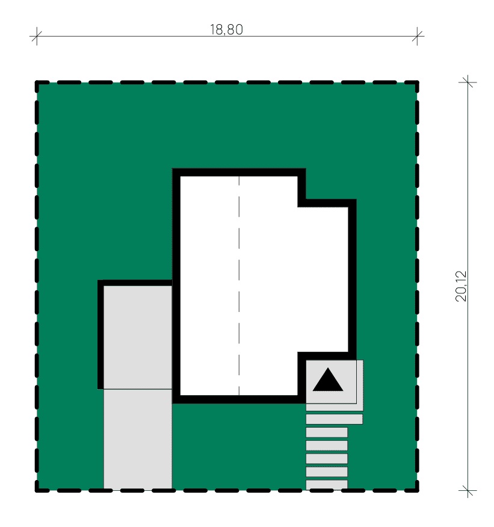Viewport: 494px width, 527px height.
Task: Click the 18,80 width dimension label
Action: point(226,30)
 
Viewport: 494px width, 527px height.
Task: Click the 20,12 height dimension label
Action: point(461,286)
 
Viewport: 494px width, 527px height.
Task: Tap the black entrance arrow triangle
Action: point(328,379)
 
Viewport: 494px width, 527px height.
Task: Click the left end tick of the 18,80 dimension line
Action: point(36,36)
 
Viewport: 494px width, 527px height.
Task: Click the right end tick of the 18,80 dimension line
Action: point(417,36)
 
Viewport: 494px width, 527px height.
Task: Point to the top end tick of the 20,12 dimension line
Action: point(468,82)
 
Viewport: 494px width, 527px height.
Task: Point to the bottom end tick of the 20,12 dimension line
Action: point(468,491)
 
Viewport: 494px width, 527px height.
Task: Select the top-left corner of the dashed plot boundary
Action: point(37,83)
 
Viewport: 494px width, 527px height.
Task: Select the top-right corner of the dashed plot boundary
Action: point(417,83)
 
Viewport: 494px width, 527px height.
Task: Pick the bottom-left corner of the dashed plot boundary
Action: point(37,491)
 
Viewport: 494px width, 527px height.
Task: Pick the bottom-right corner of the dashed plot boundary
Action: point(417,491)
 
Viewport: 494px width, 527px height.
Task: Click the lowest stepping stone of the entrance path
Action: point(327,484)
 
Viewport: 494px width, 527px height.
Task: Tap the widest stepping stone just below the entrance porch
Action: point(335,419)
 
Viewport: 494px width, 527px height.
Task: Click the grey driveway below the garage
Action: point(138,439)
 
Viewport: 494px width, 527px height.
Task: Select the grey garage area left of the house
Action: point(138,337)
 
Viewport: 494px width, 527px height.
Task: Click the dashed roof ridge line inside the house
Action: point(239,285)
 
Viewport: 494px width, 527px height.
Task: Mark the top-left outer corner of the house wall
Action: point(173,169)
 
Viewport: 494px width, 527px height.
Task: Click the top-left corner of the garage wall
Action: point(98,280)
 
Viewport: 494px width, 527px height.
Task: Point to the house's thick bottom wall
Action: point(239,399)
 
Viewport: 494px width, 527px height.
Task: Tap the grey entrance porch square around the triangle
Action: point(331,382)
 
